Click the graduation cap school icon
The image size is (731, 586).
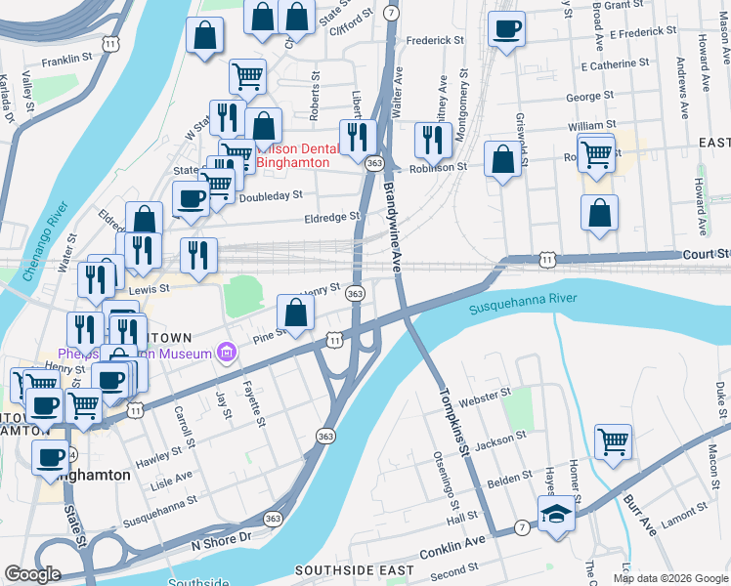[557, 513]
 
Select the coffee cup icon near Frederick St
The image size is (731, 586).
[506, 29]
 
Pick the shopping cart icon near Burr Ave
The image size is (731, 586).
[613, 440]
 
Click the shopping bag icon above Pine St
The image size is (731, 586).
[295, 313]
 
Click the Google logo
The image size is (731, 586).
[33, 574]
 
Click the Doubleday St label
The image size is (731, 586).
[271, 196]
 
